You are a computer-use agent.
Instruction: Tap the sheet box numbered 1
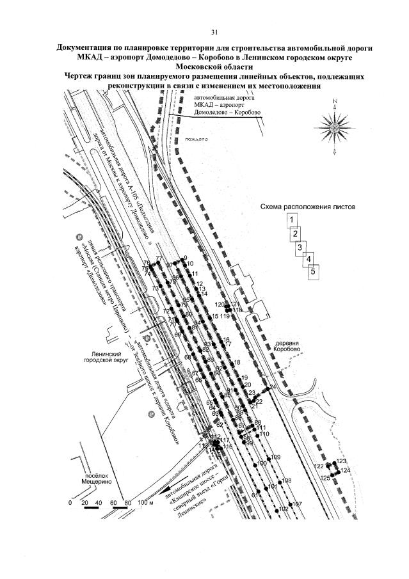pyautogui.click(x=291, y=221)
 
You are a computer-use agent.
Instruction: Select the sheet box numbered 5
pyautogui.click(x=313, y=271)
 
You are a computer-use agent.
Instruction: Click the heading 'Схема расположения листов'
pyautogui.click(x=308, y=207)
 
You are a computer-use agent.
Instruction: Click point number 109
pyautogui.click(x=276, y=457)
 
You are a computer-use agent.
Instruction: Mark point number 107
pyautogui.click(x=296, y=505)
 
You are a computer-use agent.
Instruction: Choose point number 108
pyautogui.click(x=286, y=480)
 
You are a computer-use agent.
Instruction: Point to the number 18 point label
pyautogui.click(x=237, y=363)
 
